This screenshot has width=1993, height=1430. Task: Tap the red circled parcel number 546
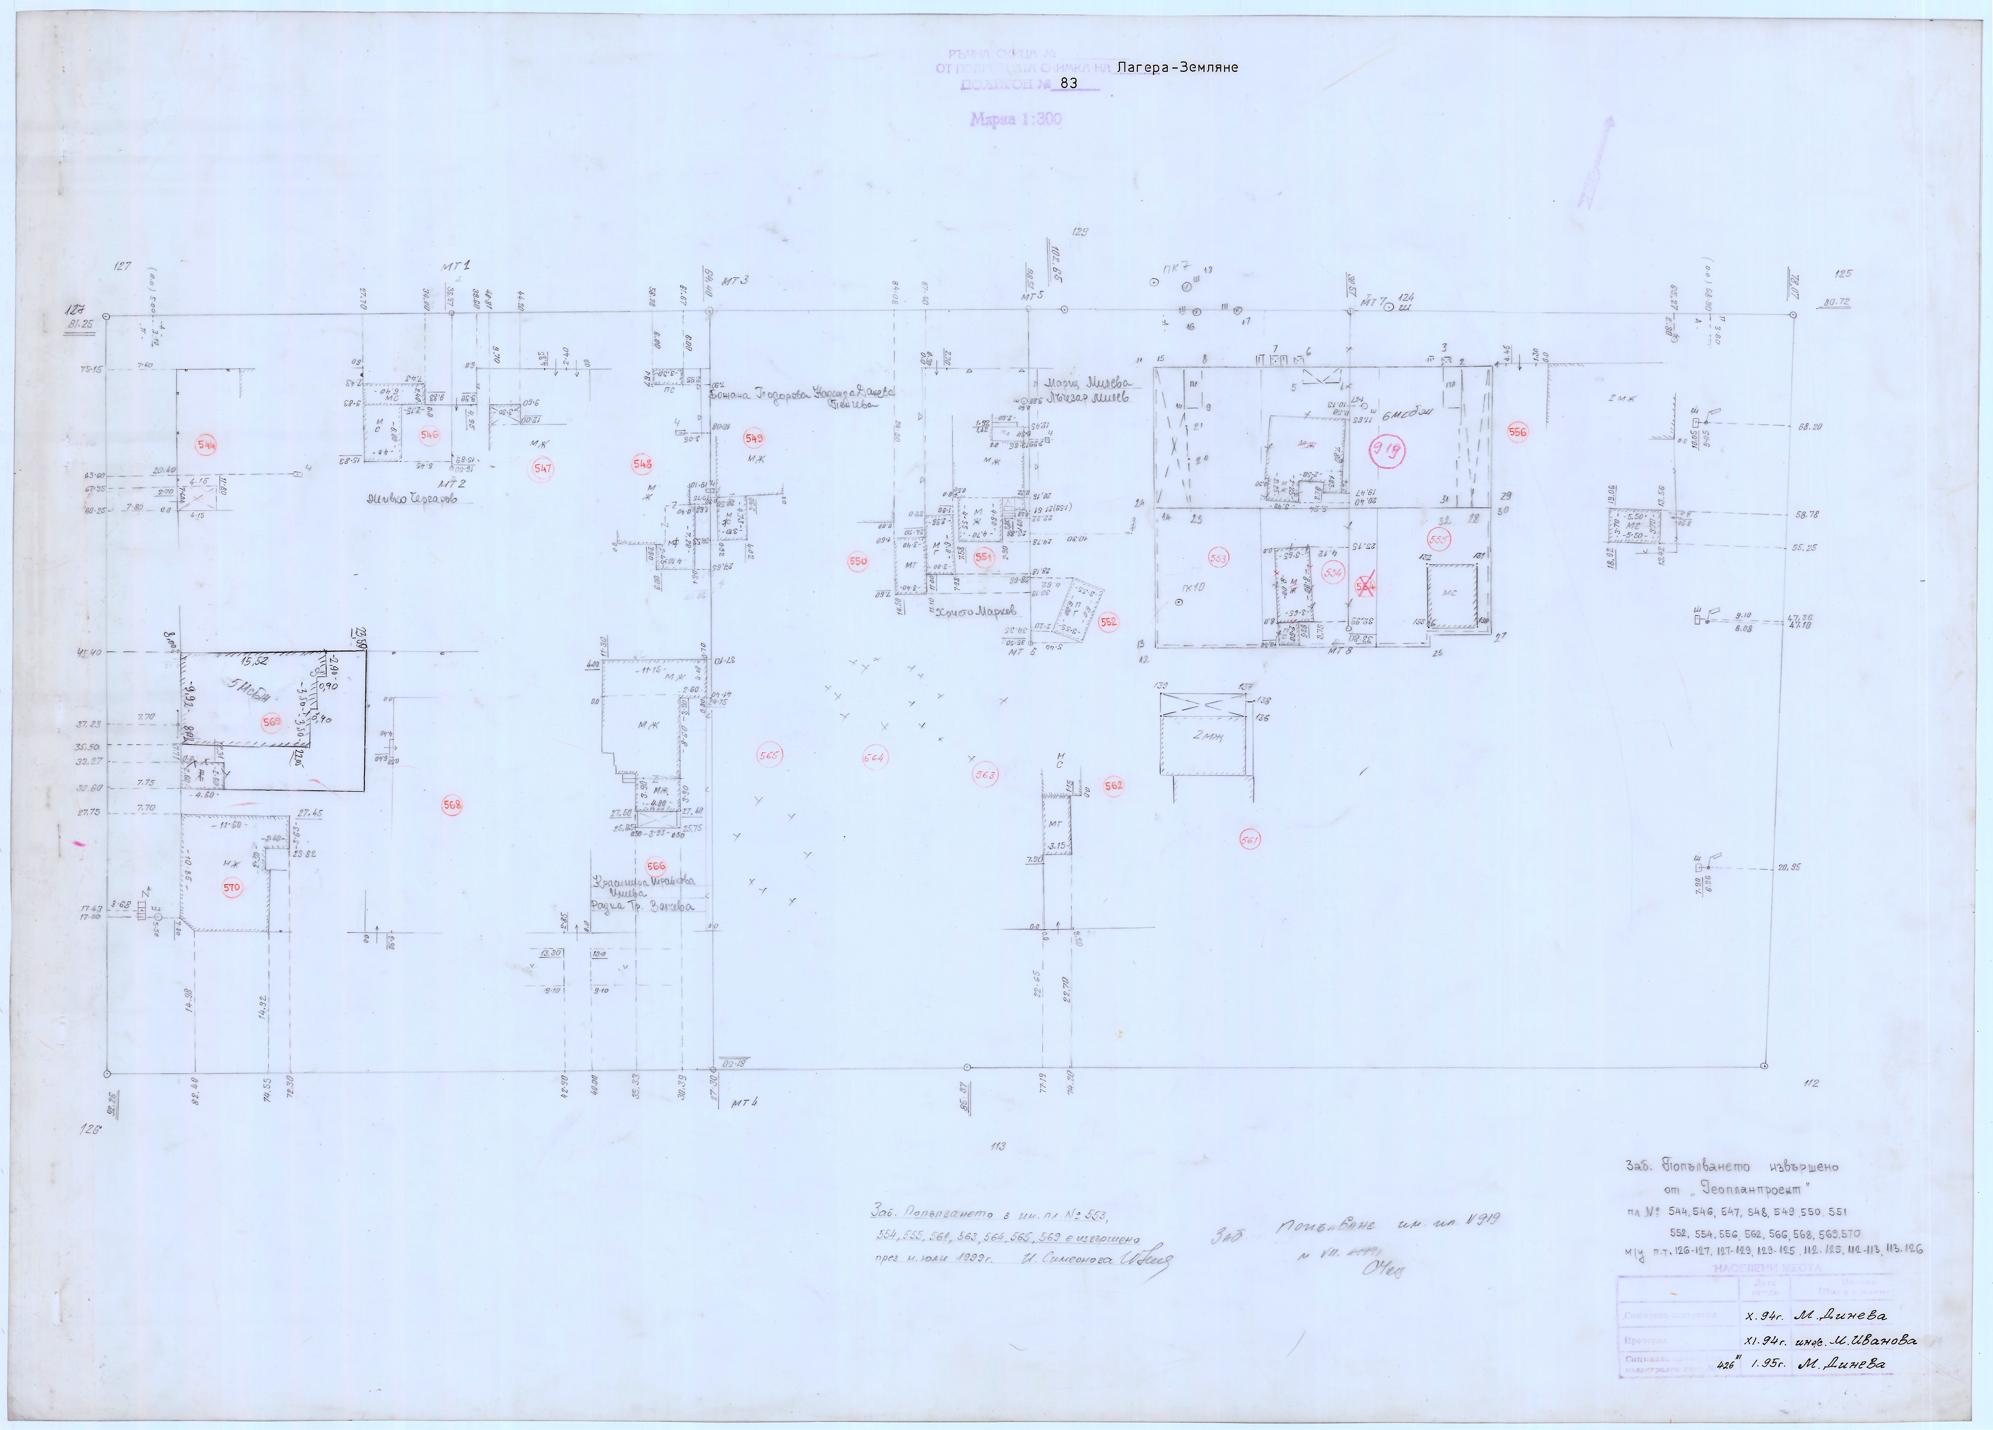pos(429,434)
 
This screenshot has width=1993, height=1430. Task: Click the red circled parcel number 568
pos(452,805)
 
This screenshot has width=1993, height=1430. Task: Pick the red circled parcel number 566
pos(656,867)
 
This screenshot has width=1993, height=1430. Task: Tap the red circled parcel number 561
pos(1250,839)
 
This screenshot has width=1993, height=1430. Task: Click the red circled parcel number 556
pos(1518,431)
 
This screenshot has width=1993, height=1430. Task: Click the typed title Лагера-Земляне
pos(1177,67)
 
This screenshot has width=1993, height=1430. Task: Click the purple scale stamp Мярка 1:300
pos(1016,119)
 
